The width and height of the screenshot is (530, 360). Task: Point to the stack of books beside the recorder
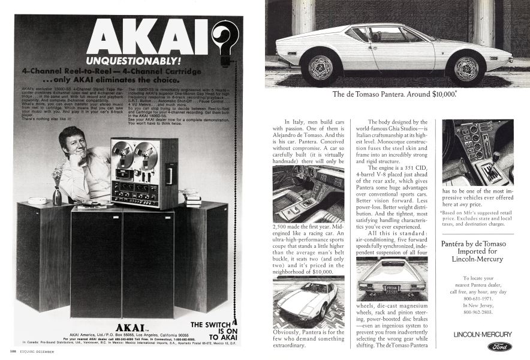[x=192, y=197]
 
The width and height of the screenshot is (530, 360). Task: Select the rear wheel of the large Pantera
[x=466, y=68]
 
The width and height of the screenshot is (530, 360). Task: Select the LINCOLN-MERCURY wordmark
[x=483, y=334]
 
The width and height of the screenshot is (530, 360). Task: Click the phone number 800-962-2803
[x=477, y=312]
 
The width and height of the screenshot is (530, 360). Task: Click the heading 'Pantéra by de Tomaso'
[x=474, y=244]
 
